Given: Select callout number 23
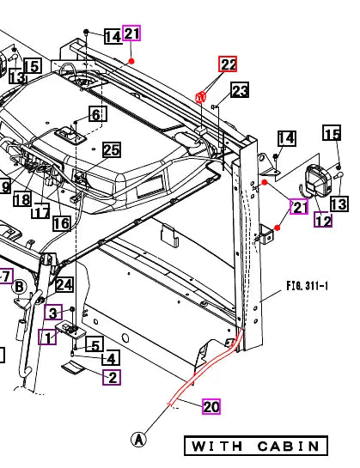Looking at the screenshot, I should [x=239, y=90].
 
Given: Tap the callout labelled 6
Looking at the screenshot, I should [x=95, y=114].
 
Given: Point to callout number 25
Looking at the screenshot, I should [x=112, y=150].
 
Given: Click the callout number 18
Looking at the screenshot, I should [x=21, y=199].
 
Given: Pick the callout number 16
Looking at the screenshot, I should [x=61, y=223].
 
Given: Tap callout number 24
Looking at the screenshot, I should [x=64, y=285].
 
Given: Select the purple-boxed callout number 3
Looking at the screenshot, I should [x=53, y=312].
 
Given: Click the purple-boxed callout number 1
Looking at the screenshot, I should [x=47, y=337].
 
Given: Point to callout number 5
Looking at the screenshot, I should [x=96, y=345].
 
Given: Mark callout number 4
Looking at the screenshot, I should [x=111, y=359].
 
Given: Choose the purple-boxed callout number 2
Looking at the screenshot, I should [x=112, y=376].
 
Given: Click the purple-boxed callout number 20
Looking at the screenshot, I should [x=211, y=406].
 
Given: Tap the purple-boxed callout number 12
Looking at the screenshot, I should [x=322, y=222].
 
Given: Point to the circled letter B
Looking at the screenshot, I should [x=19, y=287].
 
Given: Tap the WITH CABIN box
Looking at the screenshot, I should [x=256, y=447].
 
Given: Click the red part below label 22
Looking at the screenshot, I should [x=200, y=97].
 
